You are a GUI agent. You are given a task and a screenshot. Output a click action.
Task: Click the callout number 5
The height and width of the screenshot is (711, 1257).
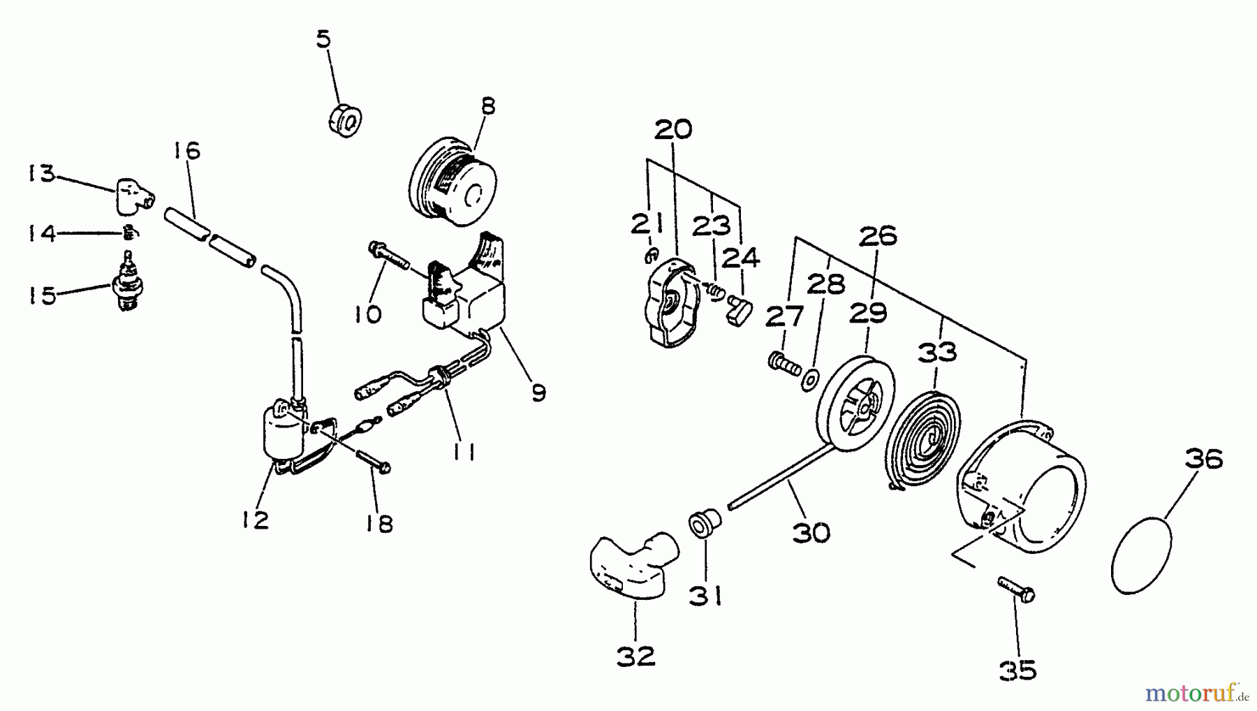point(323,40)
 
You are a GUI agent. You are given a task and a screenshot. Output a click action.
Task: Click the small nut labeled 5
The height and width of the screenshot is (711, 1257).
point(345,120)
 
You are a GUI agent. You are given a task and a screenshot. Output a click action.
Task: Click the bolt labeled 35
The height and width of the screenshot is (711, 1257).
point(1016,588)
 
